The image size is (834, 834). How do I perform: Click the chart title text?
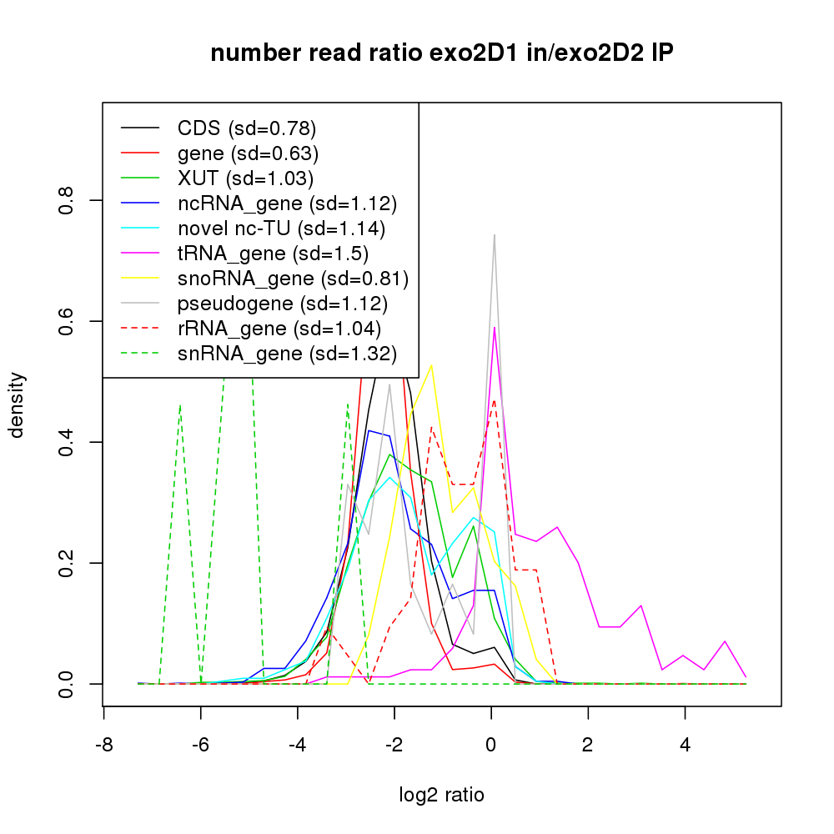point(441,54)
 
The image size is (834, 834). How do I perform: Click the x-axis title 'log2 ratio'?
point(441,795)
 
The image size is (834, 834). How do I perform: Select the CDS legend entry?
point(247,128)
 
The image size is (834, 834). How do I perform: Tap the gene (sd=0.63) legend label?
point(248,153)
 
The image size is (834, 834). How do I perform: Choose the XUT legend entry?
point(245,178)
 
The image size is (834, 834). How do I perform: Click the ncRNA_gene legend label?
point(287,203)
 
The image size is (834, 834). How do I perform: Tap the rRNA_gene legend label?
point(279,329)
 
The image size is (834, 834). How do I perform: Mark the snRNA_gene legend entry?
point(286,354)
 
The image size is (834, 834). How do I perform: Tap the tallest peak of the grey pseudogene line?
point(495,234)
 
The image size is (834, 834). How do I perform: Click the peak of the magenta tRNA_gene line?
point(495,327)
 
